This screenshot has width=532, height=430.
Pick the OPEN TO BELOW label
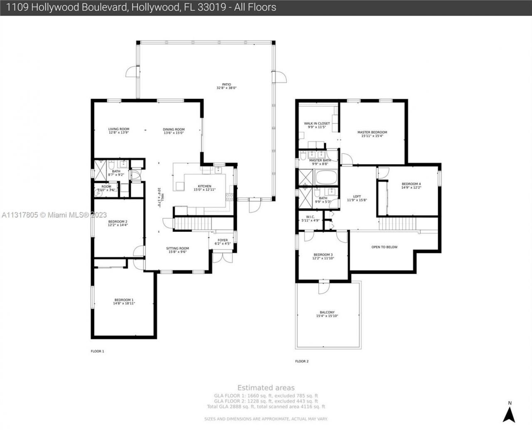384,247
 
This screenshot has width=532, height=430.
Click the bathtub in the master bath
327,178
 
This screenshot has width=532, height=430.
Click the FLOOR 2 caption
302,361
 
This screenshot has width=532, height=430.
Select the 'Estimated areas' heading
266,388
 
